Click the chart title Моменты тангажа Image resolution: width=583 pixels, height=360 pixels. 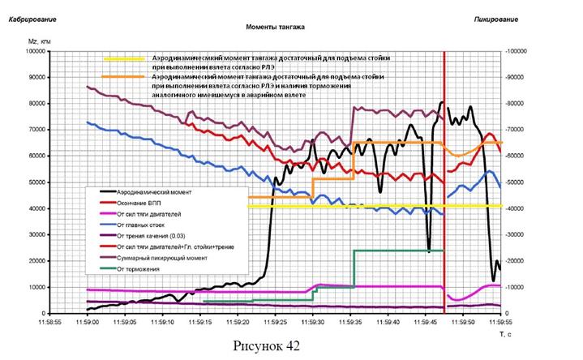[275, 26]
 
